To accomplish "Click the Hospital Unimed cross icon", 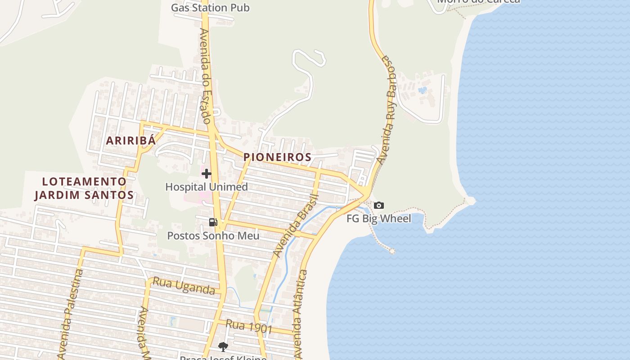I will [x=207, y=174].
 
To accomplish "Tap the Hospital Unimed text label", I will [x=207, y=187].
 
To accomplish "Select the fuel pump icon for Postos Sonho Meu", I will [x=213, y=222].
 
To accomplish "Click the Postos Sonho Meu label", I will [x=213, y=236].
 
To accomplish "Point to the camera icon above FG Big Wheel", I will [x=379, y=206].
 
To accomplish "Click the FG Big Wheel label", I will [x=379, y=219].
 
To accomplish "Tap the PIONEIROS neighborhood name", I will [x=277, y=157].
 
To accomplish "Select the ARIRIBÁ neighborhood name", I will [x=131, y=140].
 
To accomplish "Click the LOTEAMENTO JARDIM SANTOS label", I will [x=85, y=188].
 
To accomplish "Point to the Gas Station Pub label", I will [x=210, y=8].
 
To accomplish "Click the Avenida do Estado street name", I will [x=206, y=76].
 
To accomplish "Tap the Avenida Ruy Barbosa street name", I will [x=387, y=109].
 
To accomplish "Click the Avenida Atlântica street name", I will [x=300, y=314].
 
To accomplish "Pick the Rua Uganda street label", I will [x=184, y=286].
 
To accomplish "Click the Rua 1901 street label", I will [x=249, y=326].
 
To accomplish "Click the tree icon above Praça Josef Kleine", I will [x=223, y=346].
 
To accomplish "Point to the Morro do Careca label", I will [x=479, y=1].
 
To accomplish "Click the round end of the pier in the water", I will [x=392, y=251].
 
